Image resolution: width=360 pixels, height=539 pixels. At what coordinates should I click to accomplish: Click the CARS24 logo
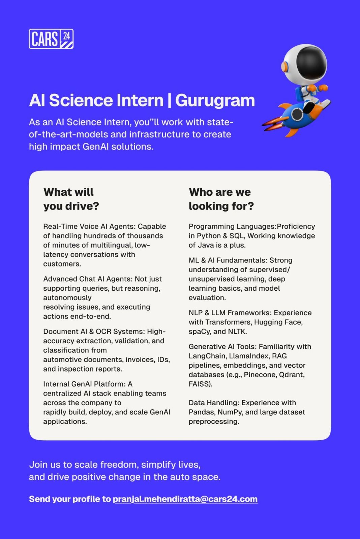(51, 39)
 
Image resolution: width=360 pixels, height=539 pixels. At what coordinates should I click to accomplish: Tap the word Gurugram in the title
(215, 100)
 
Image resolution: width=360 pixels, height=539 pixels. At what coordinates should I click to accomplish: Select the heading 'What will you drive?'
(71, 199)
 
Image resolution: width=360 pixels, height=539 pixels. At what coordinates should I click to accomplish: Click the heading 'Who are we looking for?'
(221, 199)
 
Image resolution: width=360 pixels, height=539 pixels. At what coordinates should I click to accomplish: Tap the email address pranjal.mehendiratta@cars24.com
(185, 499)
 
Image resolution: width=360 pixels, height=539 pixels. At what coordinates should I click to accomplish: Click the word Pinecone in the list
(260, 375)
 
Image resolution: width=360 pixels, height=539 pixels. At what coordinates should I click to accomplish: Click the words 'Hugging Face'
(278, 322)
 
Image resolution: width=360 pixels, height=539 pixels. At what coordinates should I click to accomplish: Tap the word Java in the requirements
(206, 245)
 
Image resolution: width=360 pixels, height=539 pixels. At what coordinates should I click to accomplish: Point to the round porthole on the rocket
(297, 114)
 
